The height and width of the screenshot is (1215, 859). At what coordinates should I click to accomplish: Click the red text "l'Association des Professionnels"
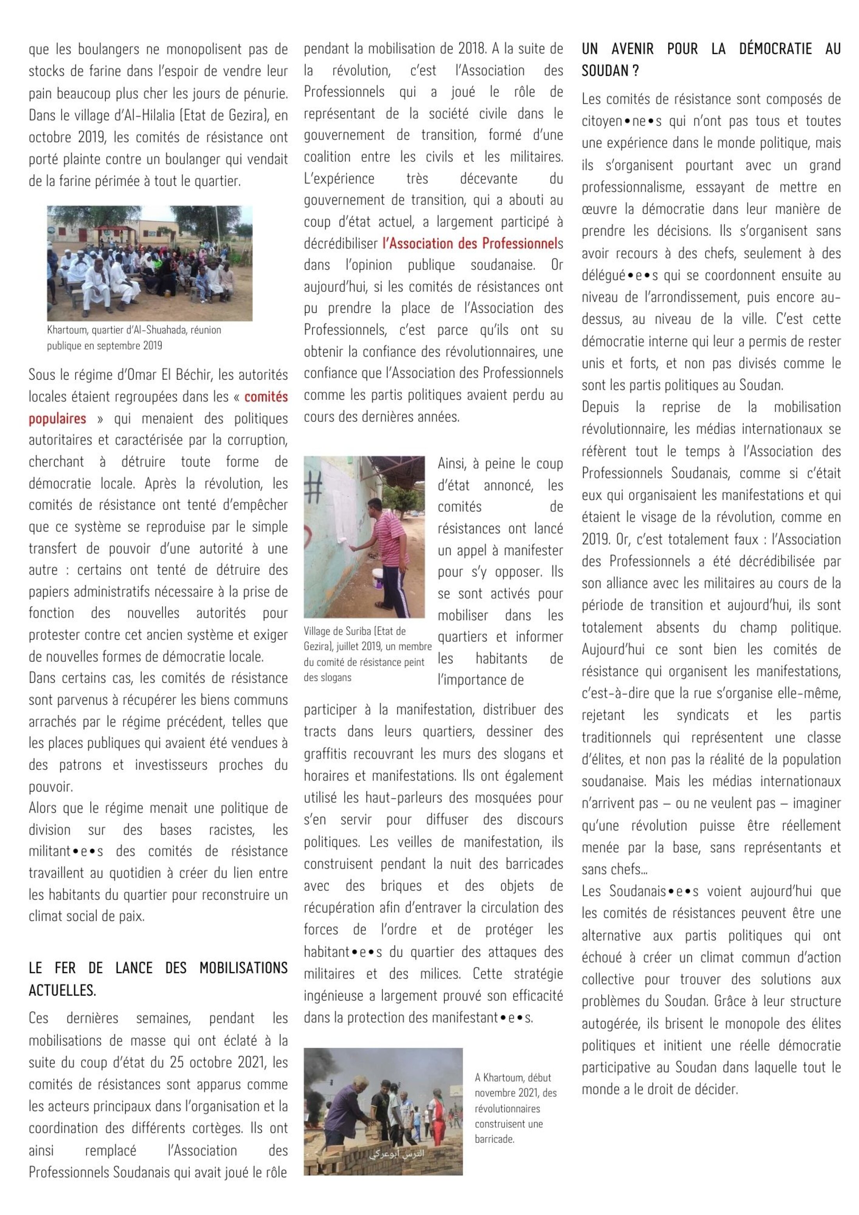[469, 243]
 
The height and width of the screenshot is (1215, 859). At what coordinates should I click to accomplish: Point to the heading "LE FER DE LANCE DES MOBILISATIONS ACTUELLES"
[158, 978]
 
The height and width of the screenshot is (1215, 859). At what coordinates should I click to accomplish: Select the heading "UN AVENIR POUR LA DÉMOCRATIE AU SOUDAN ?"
[711, 59]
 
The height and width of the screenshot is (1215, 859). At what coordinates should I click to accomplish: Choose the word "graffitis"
[328, 754]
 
